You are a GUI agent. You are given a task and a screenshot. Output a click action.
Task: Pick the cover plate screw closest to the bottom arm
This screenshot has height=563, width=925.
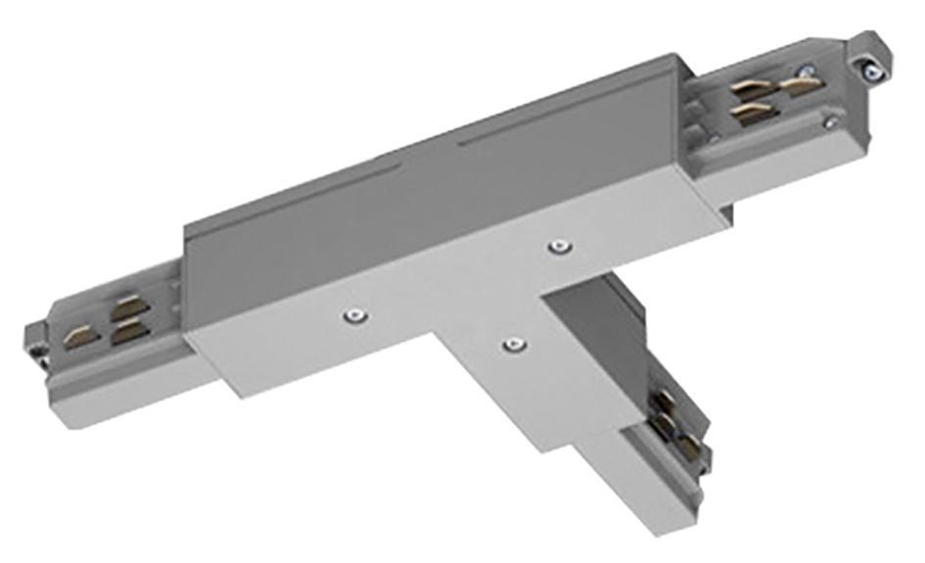(x=509, y=343)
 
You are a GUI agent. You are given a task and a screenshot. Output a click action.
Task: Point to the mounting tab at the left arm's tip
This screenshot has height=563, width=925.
(x=37, y=338)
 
